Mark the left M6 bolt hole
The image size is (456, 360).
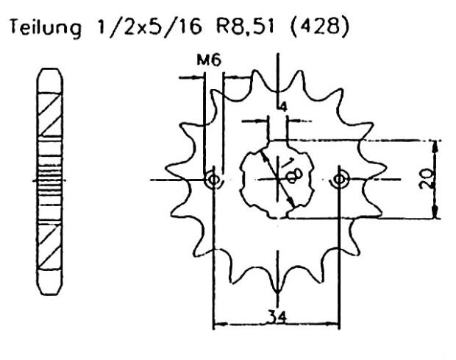pyautogui.click(x=213, y=180)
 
